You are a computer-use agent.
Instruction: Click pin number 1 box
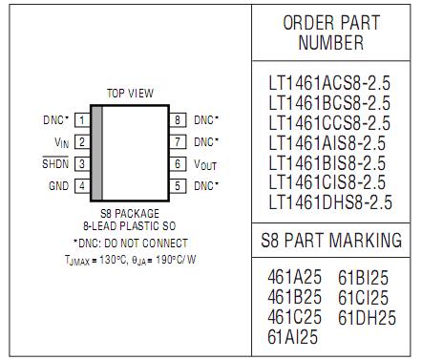[83, 120]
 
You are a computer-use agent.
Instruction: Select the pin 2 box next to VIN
[83, 142]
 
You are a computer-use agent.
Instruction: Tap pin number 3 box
[83, 163]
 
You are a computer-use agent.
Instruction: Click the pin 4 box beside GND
[83, 185]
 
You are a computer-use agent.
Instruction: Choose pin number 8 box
[178, 120]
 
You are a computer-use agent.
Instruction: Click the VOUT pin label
[205, 163]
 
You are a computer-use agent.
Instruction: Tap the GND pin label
[58, 185]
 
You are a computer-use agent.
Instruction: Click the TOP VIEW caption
[130, 94]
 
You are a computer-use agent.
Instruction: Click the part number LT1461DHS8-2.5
[329, 201]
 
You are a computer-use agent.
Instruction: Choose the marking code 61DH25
[368, 317]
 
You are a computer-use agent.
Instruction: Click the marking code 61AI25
[293, 336]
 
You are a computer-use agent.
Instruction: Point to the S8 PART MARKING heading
[330, 239]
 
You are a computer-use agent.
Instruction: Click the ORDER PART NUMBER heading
[330, 32]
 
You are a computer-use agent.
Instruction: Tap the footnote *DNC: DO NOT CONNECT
[130, 243]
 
